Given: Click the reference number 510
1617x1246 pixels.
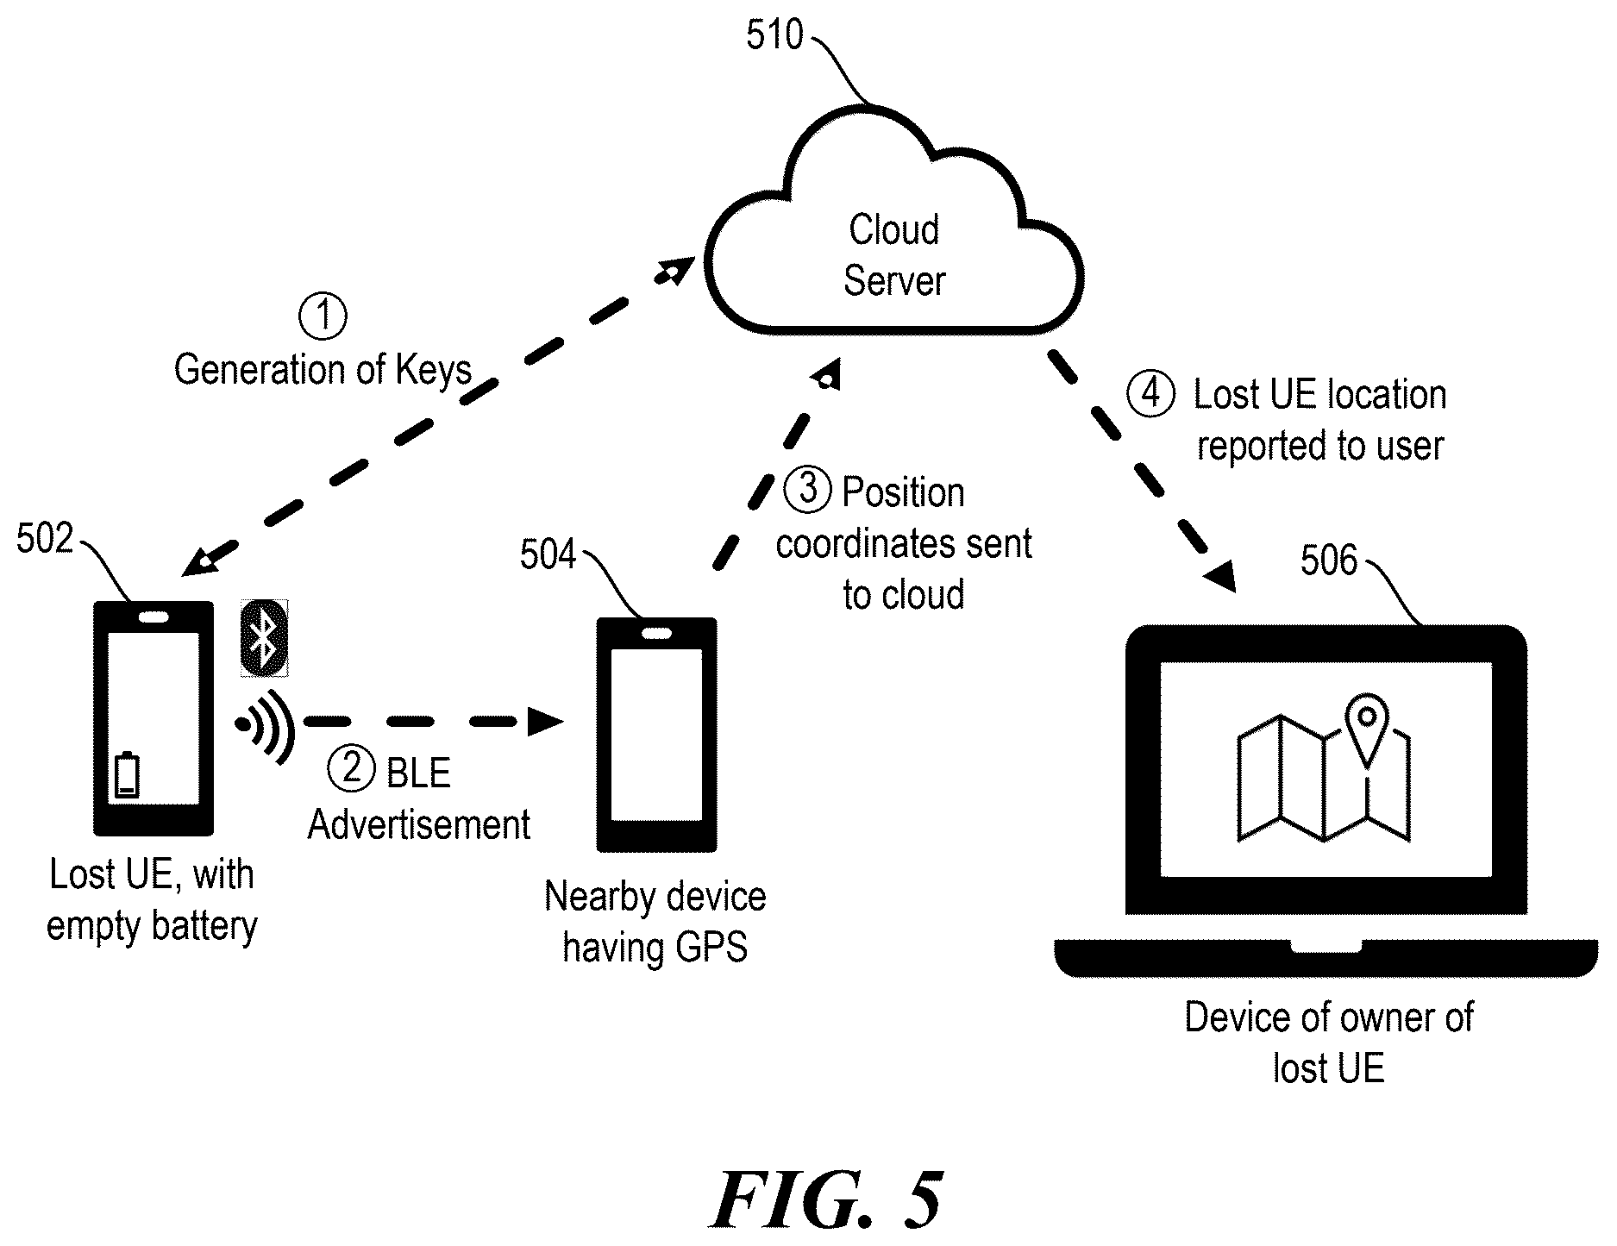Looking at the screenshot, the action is click(x=774, y=36).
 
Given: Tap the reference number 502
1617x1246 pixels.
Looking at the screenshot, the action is click(x=45, y=540).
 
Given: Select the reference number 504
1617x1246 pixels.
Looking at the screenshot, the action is click(x=548, y=555).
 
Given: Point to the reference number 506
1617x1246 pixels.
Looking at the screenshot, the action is click(x=1329, y=561).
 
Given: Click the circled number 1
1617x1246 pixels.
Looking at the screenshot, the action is click(x=323, y=316).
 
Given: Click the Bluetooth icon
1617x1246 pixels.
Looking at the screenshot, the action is click(x=264, y=638).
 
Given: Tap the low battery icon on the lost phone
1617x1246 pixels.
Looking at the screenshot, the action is click(x=127, y=775).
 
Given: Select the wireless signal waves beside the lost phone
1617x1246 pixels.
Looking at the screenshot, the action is click(x=265, y=727).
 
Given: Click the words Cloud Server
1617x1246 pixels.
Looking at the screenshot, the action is click(x=894, y=255).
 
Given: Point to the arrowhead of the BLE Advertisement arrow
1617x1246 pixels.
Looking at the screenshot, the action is click(x=545, y=721).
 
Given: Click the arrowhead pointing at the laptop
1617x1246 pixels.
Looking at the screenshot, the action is click(x=1220, y=576).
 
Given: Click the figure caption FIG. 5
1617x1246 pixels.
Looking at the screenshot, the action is click(x=827, y=1199).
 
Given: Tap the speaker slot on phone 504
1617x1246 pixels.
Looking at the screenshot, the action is click(x=657, y=633).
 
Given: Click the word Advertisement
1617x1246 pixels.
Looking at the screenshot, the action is click(x=419, y=825).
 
